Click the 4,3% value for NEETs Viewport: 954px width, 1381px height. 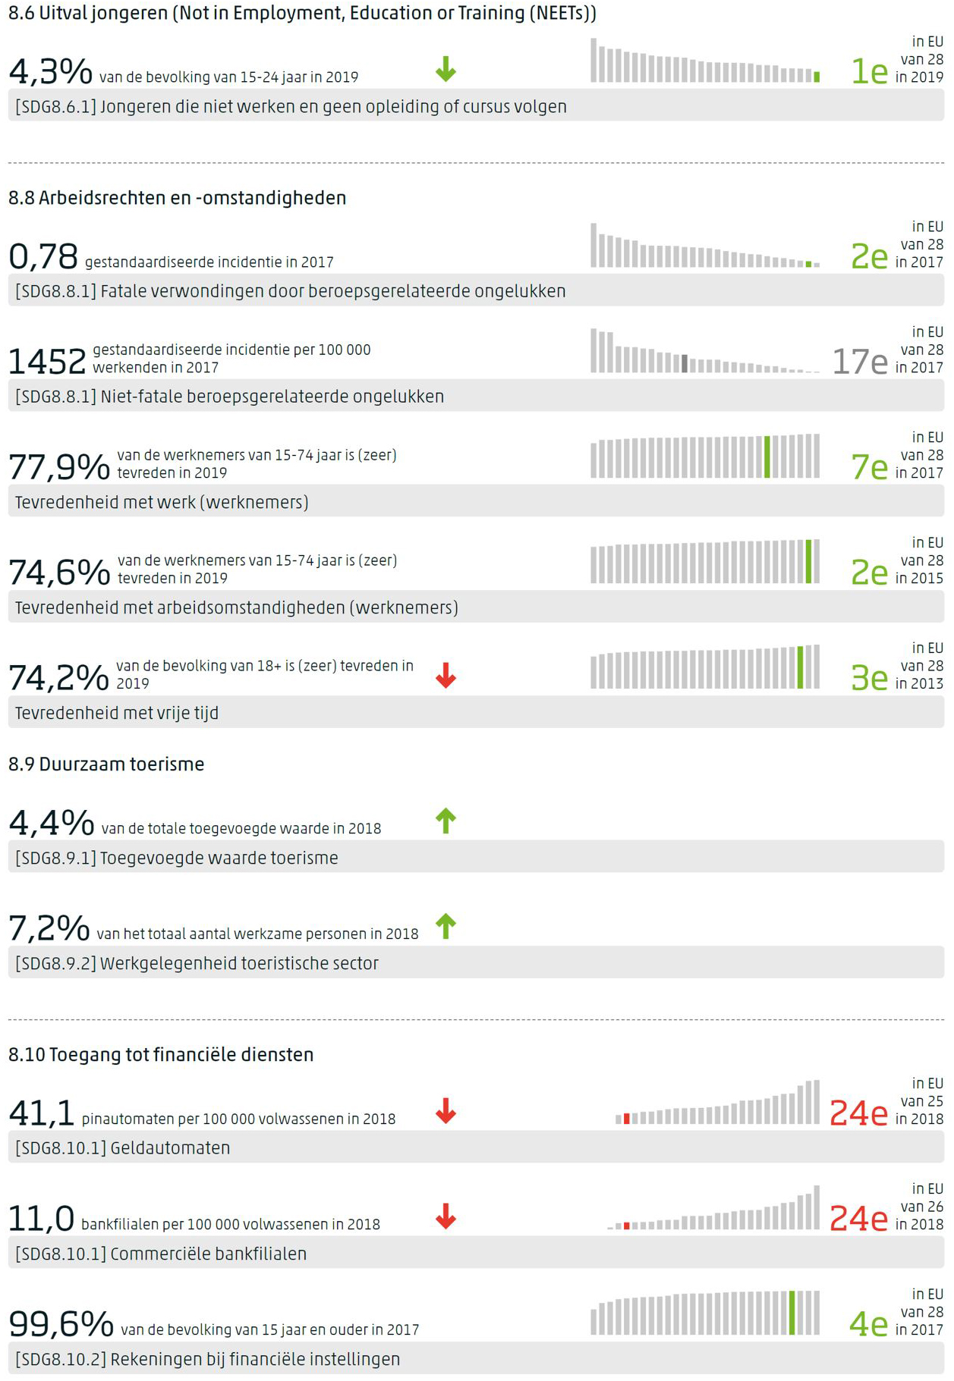point(50,71)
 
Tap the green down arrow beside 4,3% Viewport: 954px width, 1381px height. point(446,69)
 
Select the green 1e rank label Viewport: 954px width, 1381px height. point(869,71)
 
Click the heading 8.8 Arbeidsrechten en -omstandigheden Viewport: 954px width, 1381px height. point(177,198)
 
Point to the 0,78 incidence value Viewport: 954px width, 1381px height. point(43,256)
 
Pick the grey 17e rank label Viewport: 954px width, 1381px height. point(859,362)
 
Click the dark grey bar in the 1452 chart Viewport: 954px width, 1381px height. point(685,363)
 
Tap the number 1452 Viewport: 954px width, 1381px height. point(47,362)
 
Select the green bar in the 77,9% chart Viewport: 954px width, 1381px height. point(767,457)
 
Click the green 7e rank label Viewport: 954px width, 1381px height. point(869,467)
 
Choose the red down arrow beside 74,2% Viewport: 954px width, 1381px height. point(446,675)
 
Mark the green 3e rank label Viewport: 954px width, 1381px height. point(869,678)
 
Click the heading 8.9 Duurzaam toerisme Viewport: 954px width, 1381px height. point(106,764)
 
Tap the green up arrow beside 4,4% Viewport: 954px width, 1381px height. point(446,821)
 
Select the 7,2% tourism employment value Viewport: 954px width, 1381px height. point(49,927)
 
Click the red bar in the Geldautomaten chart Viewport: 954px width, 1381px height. point(626,1119)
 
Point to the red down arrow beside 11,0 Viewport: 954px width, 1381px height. point(446,1216)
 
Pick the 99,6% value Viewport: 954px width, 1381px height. point(61,1324)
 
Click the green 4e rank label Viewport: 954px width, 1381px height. point(868,1324)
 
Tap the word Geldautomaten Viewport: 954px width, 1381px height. point(170,1147)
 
